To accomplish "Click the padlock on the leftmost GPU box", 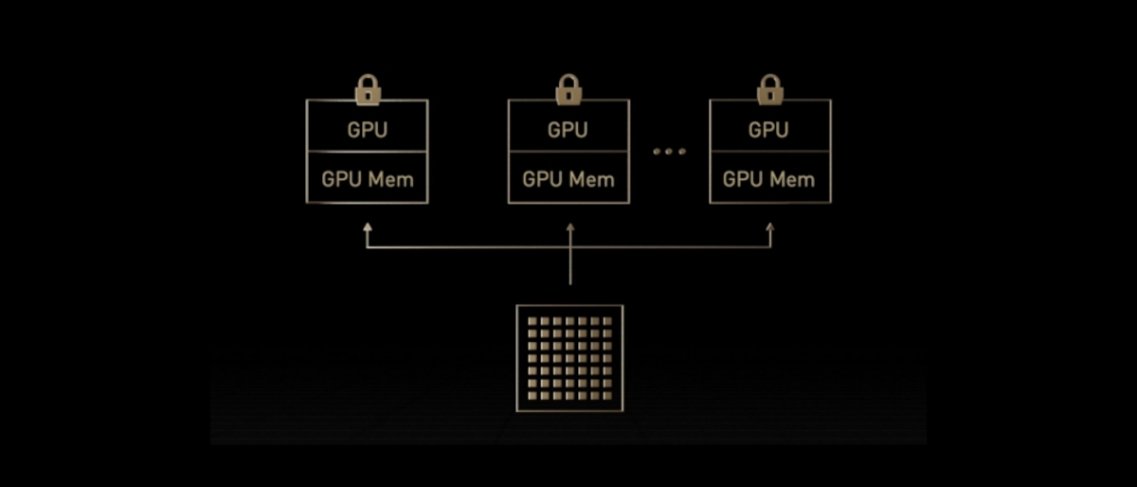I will tap(368, 91).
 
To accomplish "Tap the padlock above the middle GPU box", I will tap(568, 91).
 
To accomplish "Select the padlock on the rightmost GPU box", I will tap(769, 91).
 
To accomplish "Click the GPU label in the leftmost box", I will tap(368, 130).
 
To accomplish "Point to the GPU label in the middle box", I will tap(568, 130).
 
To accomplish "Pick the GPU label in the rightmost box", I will tap(769, 130).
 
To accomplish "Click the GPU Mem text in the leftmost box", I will tap(368, 179).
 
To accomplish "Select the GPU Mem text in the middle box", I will tap(568, 179).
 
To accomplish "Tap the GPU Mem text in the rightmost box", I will tap(769, 179).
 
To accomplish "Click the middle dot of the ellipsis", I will tap(669, 152).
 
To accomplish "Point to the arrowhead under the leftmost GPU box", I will tap(368, 228).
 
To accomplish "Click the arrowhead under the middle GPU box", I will tap(569, 228).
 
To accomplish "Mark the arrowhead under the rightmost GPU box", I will tap(769, 228).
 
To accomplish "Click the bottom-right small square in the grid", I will tap(607, 396).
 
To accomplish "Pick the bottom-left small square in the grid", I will tap(532, 396).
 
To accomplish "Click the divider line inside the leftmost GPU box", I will tap(368, 151).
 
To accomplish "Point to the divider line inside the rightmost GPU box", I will tap(769, 151).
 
